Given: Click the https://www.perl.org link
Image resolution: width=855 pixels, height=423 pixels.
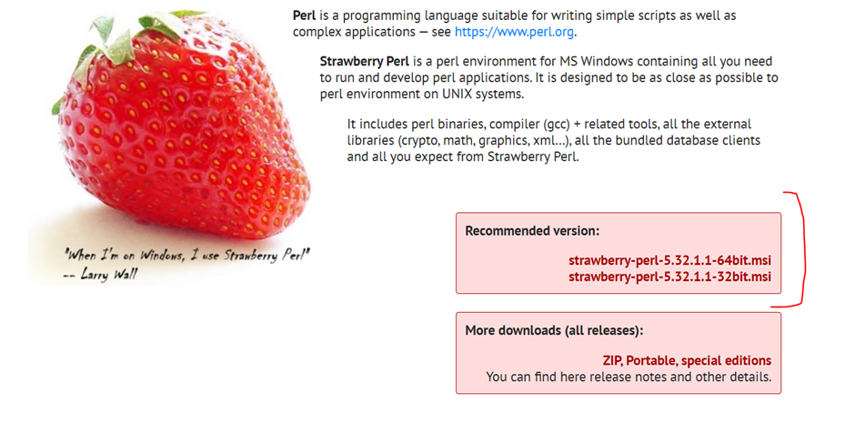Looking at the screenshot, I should tap(514, 32).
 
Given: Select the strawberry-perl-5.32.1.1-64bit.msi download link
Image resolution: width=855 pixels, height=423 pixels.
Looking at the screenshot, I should tap(669, 260).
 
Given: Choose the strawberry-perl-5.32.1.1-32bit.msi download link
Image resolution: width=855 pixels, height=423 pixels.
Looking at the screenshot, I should tap(669, 277).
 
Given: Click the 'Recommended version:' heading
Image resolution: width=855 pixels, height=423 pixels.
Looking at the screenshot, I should tap(532, 231).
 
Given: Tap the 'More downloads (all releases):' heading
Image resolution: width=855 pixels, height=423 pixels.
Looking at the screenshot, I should tap(554, 330).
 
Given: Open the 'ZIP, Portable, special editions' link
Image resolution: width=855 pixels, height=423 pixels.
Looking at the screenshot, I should tap(687, 360).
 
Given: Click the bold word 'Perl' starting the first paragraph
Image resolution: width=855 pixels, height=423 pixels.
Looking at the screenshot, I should tap(305, 15).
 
